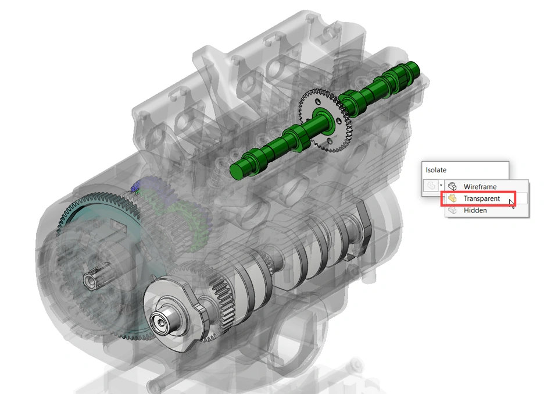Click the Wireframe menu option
[480, 187]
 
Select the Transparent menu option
[481, 198]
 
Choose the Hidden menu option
[475, 211]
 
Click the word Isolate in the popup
[436, 170]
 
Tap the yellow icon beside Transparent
[452, 198]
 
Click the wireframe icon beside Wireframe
[452, 186]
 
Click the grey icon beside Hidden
[452, 210]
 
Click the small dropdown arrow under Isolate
[441, 185]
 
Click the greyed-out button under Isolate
[431, 185]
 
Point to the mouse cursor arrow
[512, 204]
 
